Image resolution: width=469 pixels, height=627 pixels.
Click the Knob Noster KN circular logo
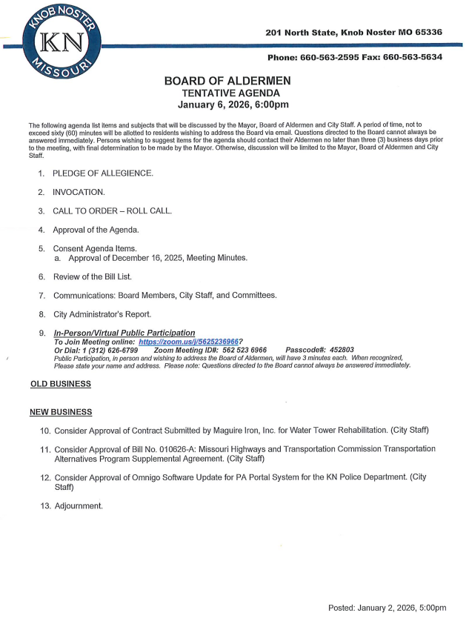tap(57, 42)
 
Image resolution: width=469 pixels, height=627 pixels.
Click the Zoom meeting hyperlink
tap(188, 342)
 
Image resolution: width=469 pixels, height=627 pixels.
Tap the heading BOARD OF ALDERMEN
tap(227, 81)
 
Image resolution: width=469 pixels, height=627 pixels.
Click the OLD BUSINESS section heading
tap(60, 384)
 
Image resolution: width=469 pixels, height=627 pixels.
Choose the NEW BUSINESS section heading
tap(61, 411)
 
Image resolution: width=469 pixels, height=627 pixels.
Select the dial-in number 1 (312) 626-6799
tap(107, 349)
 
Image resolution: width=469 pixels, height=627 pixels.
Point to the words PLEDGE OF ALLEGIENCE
tap(103, 173)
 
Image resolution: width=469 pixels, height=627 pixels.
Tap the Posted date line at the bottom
tap(387, 608)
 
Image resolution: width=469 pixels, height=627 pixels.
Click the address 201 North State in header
tap(302, 33)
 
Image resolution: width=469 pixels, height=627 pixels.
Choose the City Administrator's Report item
tap(102, 314)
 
